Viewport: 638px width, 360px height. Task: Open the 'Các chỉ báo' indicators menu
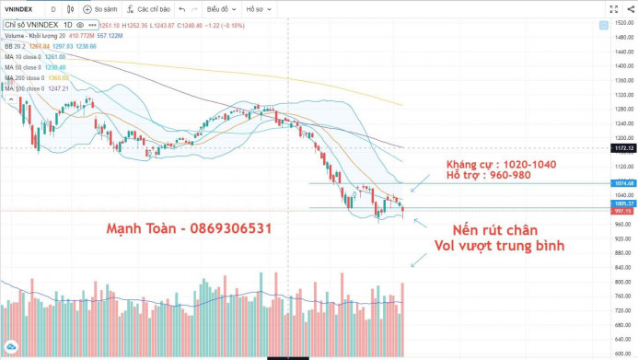[x=155, y=9]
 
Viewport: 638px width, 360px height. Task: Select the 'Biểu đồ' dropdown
[x=219, y=9]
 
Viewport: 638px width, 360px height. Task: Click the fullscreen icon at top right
[x=612, y=9]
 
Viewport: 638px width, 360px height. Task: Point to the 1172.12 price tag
[x=623, y=147]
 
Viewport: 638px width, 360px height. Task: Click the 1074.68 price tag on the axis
[x=623, y=183]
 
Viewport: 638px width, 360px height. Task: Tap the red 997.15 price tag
[x=623, y=210]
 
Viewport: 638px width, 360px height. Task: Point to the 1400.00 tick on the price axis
[x=623, y=65]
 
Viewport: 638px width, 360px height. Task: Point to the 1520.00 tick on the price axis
[x=623, y=22]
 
